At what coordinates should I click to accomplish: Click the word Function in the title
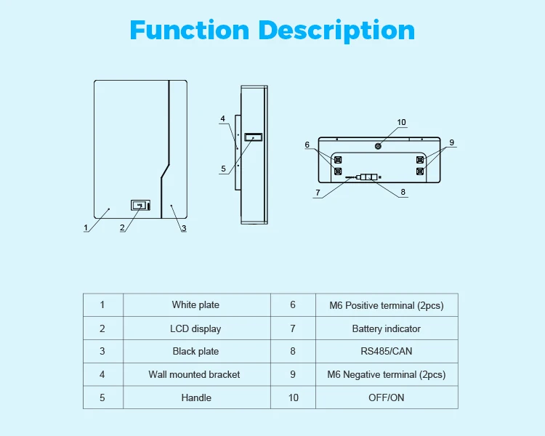click(189, 30)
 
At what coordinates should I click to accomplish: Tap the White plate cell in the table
click(195, 305)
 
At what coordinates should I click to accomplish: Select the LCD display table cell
click(195, 328)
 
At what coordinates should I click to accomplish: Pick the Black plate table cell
click(195, 352)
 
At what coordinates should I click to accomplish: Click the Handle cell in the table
click(196, 397)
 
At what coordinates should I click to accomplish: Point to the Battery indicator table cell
click(386, 328)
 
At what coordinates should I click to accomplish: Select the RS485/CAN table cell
click(386, 352)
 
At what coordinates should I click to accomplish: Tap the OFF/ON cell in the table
click(386, 397)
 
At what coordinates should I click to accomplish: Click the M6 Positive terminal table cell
click(386, 305)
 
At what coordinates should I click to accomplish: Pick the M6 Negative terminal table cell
click(386, 375)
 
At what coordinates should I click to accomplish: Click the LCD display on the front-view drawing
click(138, 206)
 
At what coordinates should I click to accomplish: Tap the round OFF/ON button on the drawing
click(378, 146)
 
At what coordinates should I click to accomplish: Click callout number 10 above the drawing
click(401, 123)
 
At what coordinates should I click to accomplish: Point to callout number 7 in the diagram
click(318, 193)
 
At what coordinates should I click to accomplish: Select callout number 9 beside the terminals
click(452, 143)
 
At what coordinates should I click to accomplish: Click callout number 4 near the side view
click(223, 118)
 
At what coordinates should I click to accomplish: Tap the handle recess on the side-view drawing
click(254, 137)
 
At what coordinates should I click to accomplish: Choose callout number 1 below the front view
click(85, 227)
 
